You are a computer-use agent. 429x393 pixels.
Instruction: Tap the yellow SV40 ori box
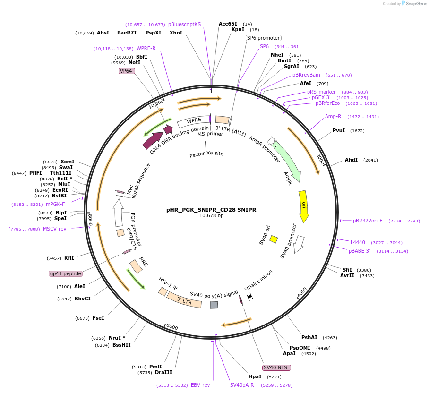274,239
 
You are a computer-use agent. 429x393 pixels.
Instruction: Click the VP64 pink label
126,71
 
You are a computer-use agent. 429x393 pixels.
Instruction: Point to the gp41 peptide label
66,273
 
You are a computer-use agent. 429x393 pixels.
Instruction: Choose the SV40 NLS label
276,367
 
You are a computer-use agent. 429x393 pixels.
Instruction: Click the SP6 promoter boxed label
263,38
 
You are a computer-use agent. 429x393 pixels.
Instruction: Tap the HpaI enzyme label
255,377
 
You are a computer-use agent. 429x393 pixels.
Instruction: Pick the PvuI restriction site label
339,130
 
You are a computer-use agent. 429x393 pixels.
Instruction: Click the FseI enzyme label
98,318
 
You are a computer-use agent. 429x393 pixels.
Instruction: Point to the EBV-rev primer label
200,385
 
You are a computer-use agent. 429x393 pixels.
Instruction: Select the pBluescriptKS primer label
184,24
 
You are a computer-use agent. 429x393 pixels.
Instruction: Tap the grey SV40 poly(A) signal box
214,305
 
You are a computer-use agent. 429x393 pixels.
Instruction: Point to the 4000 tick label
302,292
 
